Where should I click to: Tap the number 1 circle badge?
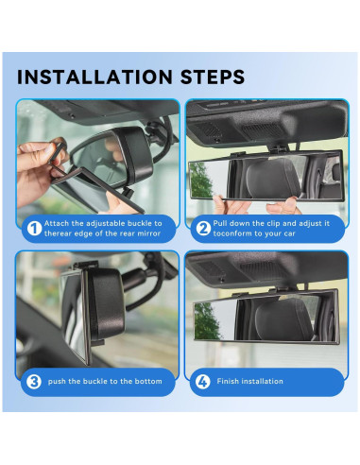32,227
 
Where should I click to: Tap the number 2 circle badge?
200,227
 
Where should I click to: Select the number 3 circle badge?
32,381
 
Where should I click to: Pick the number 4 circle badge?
200,381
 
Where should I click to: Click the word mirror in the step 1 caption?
142,232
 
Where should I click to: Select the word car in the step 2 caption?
309,232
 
